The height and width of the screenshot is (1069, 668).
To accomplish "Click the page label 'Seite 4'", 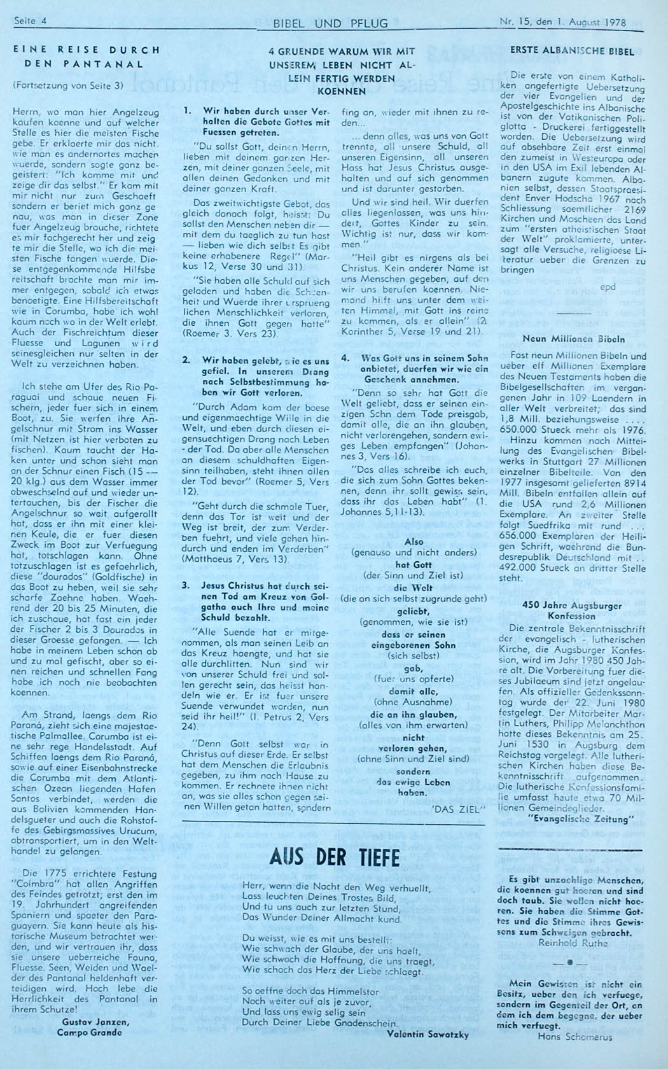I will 32,21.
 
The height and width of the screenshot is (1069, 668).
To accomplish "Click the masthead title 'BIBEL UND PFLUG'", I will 330,24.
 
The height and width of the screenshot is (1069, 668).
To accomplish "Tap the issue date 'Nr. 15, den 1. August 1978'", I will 562,22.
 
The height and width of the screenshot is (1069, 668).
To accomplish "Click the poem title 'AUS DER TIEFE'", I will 335,857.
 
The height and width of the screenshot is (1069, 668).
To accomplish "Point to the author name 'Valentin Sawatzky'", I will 428,1035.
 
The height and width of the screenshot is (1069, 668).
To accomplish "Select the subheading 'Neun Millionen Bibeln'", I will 564,339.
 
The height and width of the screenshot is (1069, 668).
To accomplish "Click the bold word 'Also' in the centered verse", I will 414,541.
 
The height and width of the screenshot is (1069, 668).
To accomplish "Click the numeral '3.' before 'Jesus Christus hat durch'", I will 186,584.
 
